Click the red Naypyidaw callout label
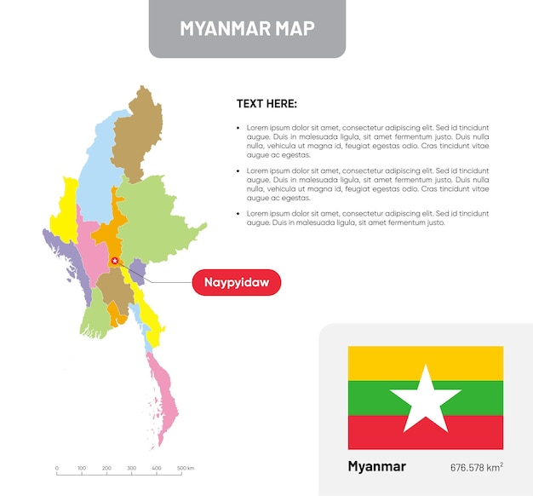[236, 282]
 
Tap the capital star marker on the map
[115, 261]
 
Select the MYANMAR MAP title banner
[247, 28]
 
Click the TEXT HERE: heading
[266, 104]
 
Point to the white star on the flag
[425, 398]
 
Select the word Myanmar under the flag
[376, 466]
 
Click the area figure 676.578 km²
[477, 467]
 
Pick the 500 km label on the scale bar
[185, 469]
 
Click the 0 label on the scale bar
[57, 469]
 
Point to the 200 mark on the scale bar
[106, 469]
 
